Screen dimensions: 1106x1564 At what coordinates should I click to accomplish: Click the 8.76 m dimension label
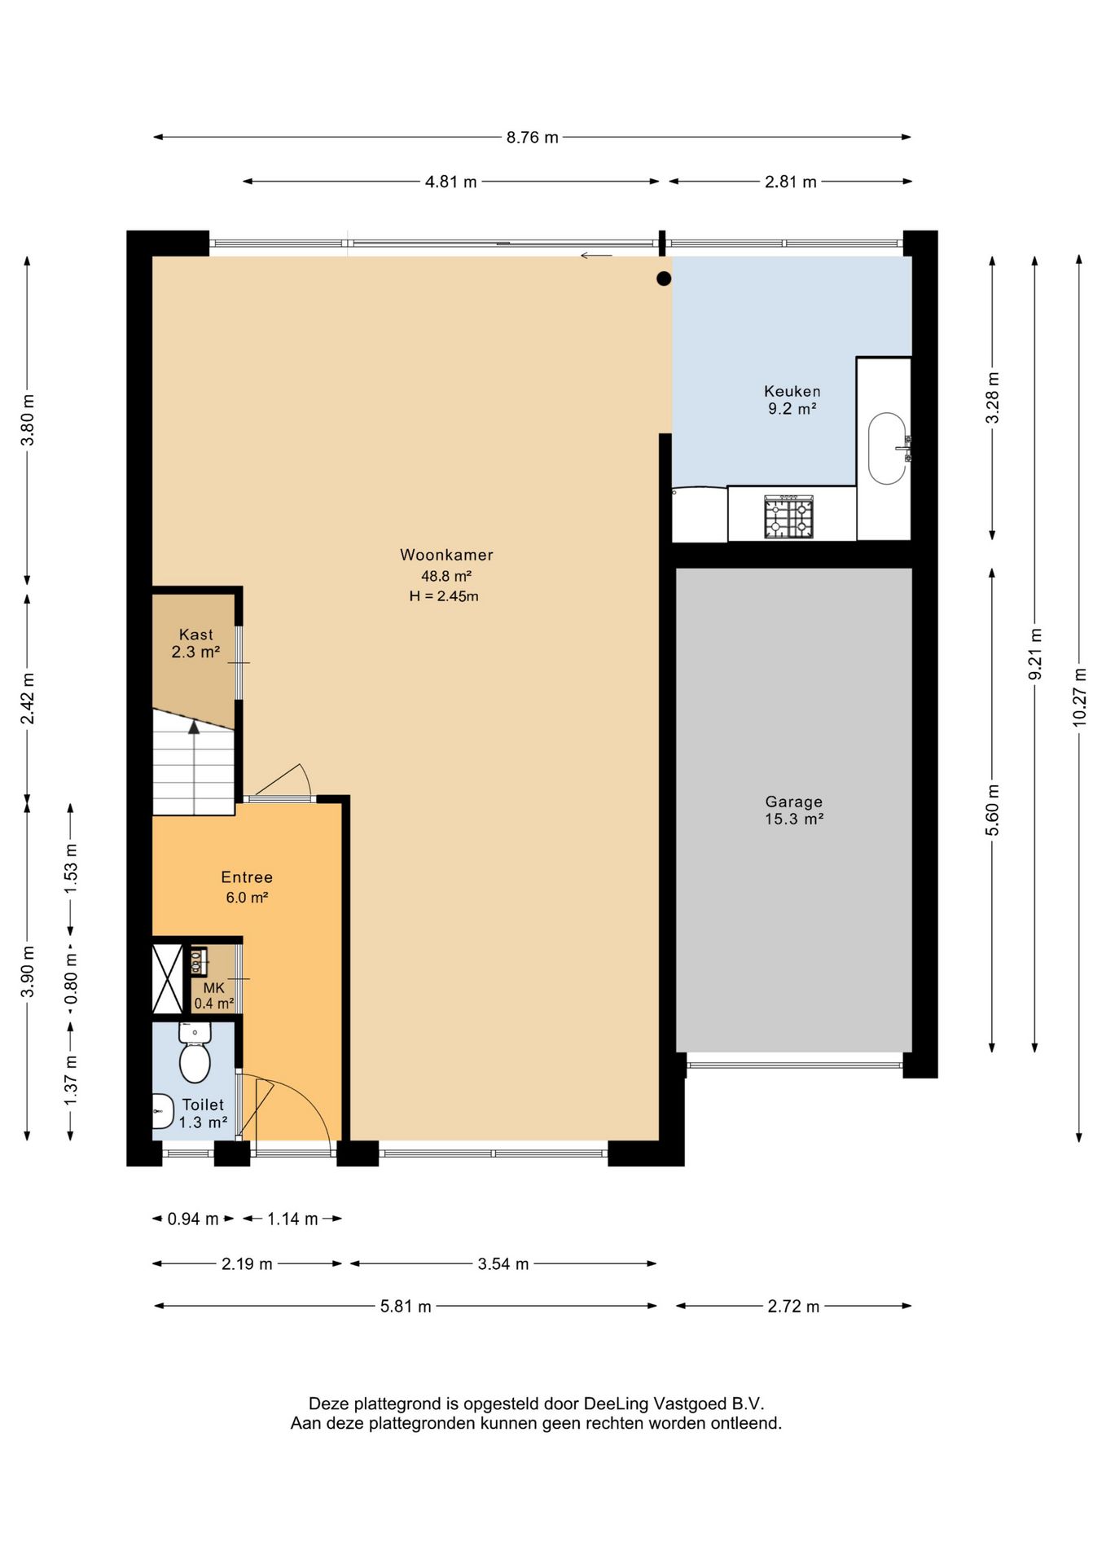pyautogui.click(x=533, y=138)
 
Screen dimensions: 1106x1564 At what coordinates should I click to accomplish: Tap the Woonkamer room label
pyautogui.click(x=446, y=555)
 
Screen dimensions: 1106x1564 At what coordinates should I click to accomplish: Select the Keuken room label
pyautogui.click(x=792, y=391)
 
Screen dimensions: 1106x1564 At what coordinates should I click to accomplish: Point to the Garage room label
pyautogui.click(x=793, y=802)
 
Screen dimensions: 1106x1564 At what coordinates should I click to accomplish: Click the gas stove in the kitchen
pyautogui.click(x=788, y=516)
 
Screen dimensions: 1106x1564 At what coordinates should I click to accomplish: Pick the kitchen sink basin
pyautogui.click(x=887, y=449)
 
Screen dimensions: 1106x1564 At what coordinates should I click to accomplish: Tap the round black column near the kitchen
pyautogui.click(x=664, y=279)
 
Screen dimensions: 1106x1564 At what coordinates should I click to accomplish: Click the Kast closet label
pyautogui.click(x=195, y=635)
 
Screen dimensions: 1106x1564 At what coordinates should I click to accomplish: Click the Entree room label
pyautogui.click(x=247, y=877)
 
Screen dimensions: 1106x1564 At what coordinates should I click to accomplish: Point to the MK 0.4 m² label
pyautogui.click(x=213, y=995)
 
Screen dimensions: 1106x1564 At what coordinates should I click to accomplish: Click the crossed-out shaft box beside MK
pyautogui.click(x=168, y=979)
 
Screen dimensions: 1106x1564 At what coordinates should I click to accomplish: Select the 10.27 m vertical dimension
pyautogui.click(x=1079, y=697)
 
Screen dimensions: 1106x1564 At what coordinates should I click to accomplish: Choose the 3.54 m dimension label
pyautogui.click(x=503, y=1263)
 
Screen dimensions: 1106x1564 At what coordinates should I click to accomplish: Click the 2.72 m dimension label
pyautogui.click(x=793, y=1306)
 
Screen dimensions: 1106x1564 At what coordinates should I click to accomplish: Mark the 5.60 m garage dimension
pyautogui.click(x=992, y=810)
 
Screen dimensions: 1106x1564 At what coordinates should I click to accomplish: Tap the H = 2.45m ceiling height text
pyautogui.click(x=444, y=596)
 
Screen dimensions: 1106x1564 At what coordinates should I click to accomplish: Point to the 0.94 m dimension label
pyautogui.click(x=193, y=1219)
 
